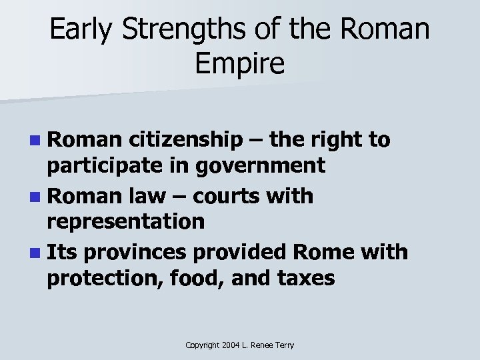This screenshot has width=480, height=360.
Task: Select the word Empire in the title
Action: click(x=241, y=65)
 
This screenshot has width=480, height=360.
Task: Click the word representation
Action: click(x=126, y=222)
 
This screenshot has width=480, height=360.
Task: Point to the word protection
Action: click(x=95, y=277)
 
